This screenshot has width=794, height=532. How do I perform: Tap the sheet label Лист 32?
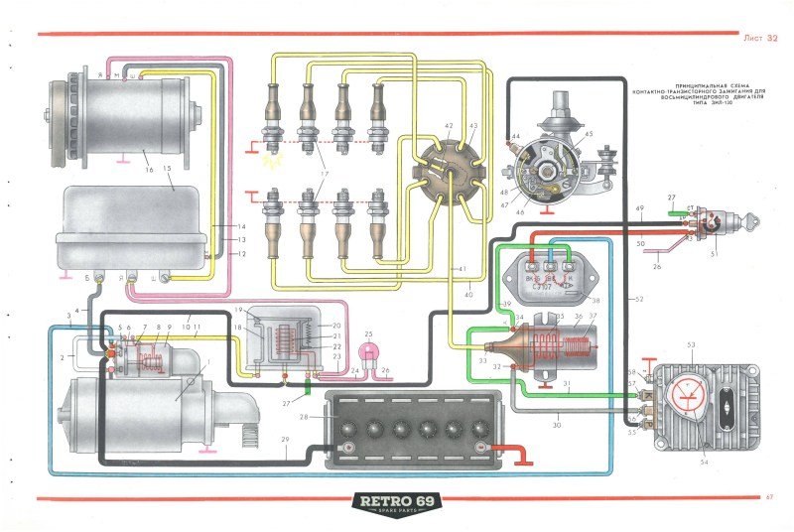click(759, 38)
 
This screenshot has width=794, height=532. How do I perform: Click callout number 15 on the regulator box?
click(168, 170)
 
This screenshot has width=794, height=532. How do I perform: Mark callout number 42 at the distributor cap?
click(449, 126)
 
